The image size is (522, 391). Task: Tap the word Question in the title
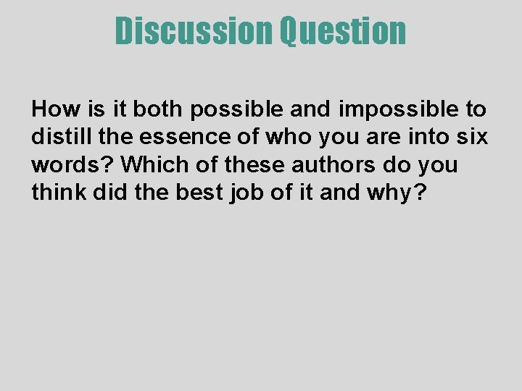(343, 31)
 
